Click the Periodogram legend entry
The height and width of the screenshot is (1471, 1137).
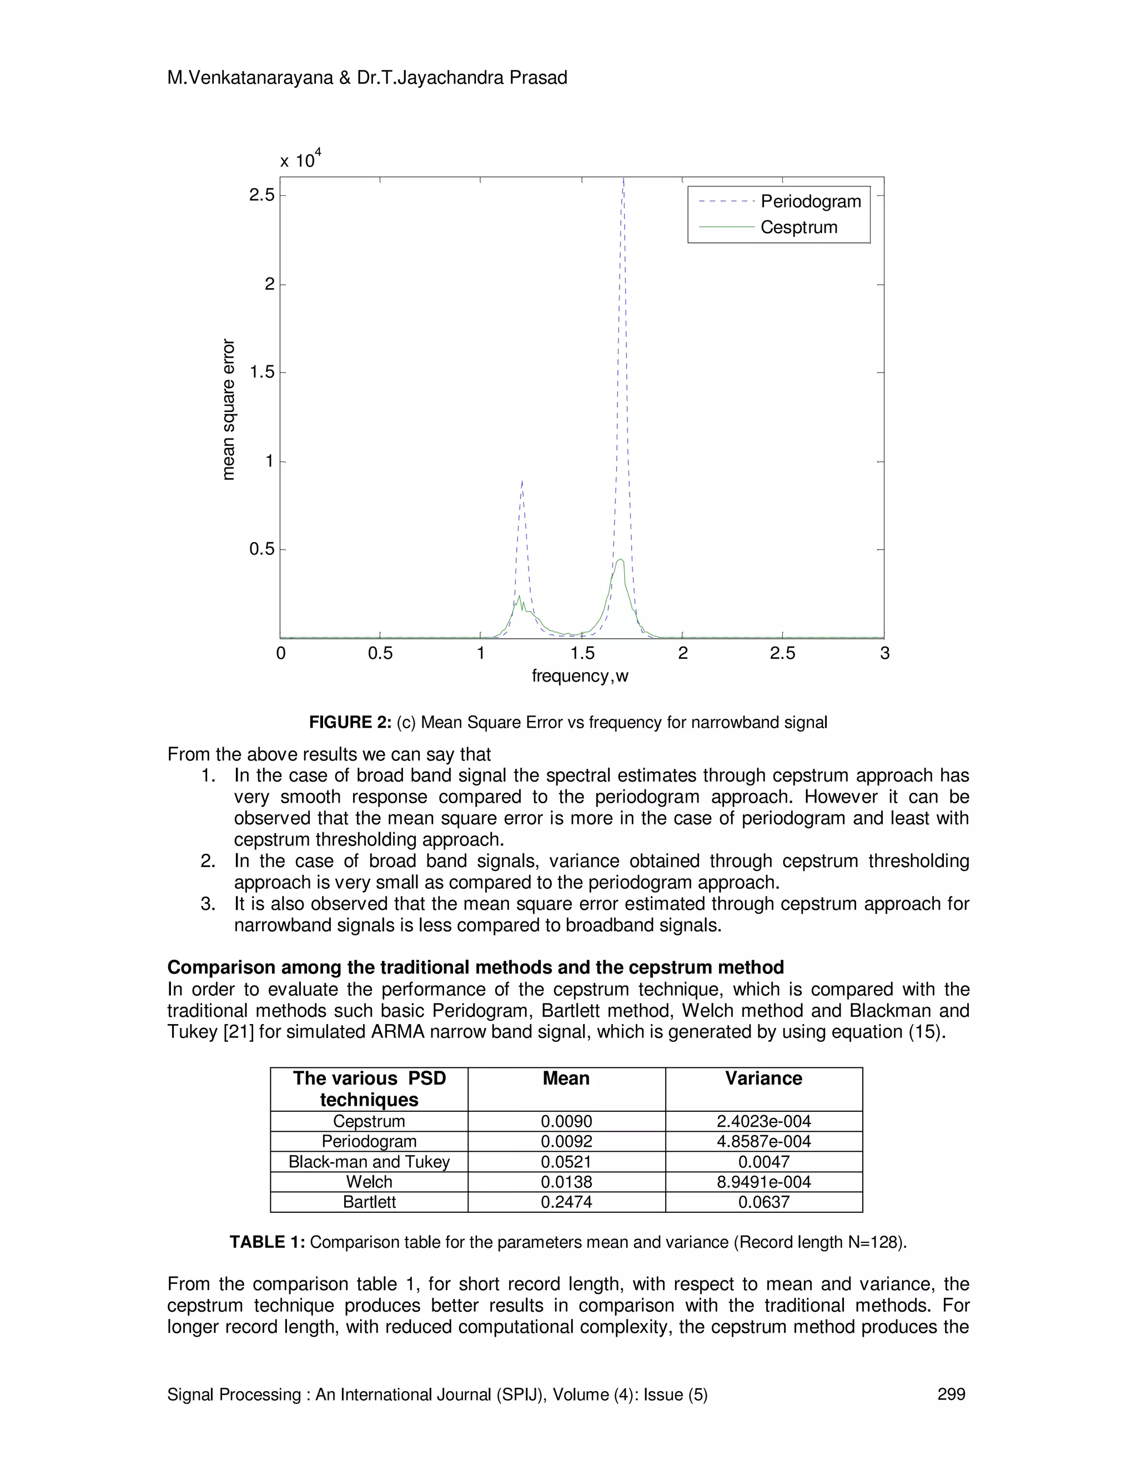(x=811, y=201)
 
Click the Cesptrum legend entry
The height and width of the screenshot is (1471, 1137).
(x=799, y=228)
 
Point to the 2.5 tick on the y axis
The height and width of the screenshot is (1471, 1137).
(x=262, y=195)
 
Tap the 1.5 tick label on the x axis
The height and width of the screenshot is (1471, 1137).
(x=581, y=653)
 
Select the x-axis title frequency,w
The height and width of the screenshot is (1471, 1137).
(x=580, y=676)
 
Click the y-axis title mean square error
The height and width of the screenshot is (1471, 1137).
(x=229, y=410)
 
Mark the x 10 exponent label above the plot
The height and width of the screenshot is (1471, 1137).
(x=300, y=160)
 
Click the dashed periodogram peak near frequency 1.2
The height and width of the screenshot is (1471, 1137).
(x=522, y=482)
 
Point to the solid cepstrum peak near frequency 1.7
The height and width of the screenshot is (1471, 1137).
(x=620, y=560)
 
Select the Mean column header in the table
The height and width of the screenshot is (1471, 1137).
(x=566, y=1079)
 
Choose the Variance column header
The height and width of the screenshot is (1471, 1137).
(x=763, y=1079)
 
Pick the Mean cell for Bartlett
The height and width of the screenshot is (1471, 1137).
(x=566, y=1202)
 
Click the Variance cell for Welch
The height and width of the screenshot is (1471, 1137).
(x=763, y=1181)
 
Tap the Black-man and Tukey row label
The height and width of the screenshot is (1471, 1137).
(x=369, y=1161)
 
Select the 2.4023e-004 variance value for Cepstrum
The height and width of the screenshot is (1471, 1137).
(x=763, y=1121)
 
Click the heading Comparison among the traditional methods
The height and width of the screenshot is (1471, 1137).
(x=475, y=967)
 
